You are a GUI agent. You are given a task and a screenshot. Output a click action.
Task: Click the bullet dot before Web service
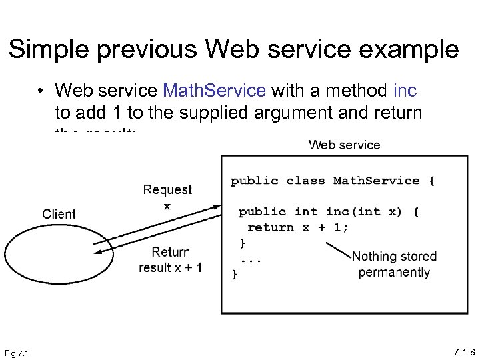click(41, 91)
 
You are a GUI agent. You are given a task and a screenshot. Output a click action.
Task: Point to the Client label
click(59, 214)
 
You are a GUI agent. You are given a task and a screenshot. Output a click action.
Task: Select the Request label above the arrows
click(167, 190)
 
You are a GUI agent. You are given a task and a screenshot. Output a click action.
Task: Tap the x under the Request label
click(167, 206)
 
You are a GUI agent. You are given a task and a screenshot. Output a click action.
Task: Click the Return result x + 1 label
click(171, 260)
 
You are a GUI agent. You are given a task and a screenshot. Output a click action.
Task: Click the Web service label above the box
click(344, 145)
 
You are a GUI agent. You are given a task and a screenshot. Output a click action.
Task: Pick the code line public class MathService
click(333, 181)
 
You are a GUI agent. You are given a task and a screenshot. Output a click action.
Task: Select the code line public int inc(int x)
click(329, 212)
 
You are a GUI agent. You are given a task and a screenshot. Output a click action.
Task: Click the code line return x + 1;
click(298, 227)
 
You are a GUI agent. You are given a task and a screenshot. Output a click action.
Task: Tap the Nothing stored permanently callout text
click(394, 264)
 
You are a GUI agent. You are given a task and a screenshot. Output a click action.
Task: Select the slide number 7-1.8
click(462, 351)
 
